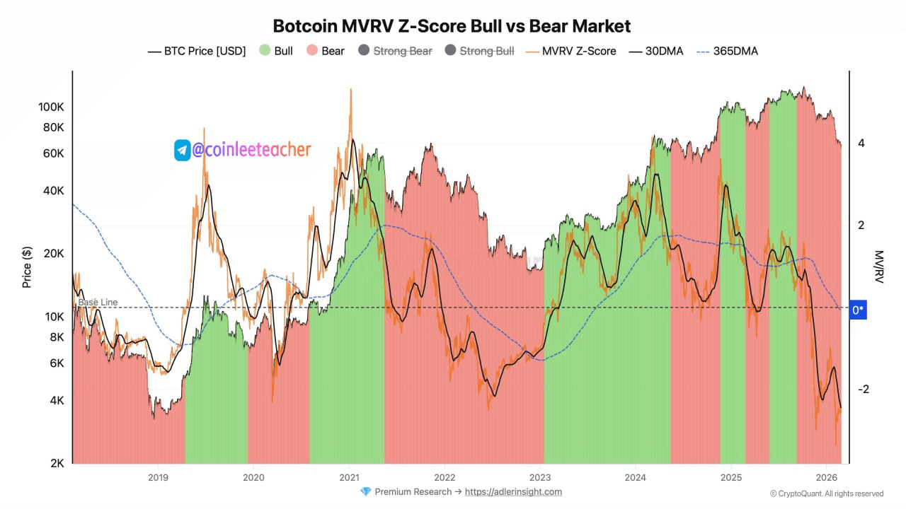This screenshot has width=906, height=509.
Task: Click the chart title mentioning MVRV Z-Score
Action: tap(452, 26)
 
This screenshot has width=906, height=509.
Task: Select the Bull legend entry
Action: tap(276, 51)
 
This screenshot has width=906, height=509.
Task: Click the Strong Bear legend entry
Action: tap(395, 51)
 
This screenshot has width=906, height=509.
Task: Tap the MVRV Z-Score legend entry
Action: tap(571, 51)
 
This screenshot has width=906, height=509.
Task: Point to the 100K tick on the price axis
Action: tap(51, 107)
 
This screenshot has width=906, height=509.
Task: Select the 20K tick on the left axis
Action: tap(53, 254)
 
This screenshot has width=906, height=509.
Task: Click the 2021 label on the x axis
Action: tap(349, 477)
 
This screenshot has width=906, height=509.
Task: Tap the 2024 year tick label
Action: tap(636, 477)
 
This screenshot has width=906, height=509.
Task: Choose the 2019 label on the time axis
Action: tap(158, 477)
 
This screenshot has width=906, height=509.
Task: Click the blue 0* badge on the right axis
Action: tap(857, 310)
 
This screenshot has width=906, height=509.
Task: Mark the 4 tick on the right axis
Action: tap(861, 144)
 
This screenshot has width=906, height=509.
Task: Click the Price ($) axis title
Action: tap(27, 267)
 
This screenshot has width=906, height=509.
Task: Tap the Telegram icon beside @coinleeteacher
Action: tap(183, 150)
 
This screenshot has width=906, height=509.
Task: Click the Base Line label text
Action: tap(98, 303)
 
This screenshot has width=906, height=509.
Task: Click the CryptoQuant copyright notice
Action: tap(827, 493)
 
